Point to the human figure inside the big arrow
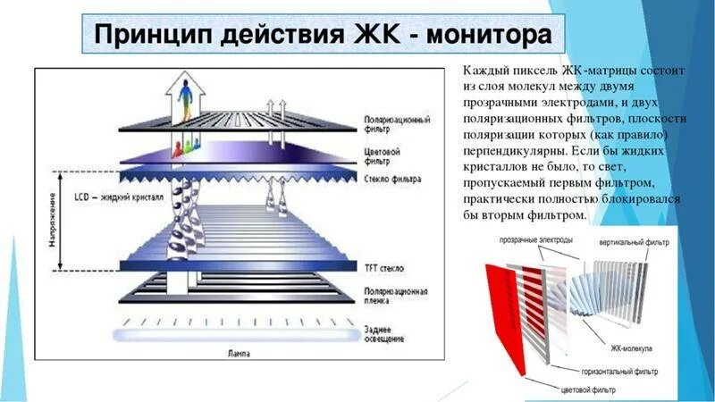(187, 97)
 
